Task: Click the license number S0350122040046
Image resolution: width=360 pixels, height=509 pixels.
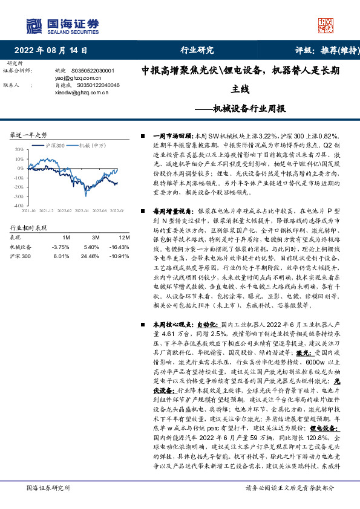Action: click(x=96, y=85)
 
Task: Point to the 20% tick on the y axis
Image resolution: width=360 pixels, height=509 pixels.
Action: click(x=19, y=149)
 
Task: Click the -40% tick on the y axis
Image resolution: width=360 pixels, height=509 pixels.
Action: click(x=19, y=206)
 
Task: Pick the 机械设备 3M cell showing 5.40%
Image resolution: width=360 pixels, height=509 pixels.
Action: click(x=91, y=247)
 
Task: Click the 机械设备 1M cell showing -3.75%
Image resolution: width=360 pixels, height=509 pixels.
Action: click(x=62, y=247)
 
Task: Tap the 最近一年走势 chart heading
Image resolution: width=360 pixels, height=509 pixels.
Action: click(x=29, y=135)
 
